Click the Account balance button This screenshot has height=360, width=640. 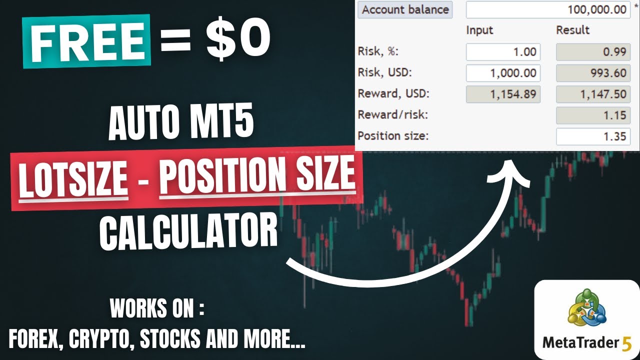(x=405, y=9)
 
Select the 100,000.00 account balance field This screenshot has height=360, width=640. (x=548, y=9)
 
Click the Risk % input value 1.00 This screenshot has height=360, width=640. (x=503, y=51)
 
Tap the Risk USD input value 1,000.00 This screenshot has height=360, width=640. (x=503, y=73)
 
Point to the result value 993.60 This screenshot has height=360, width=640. (x=593, y=73)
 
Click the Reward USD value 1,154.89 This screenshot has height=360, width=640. (x=503, y=94)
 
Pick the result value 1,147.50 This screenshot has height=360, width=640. (x=593, y=94)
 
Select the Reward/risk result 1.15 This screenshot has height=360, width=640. (x=593, y=115)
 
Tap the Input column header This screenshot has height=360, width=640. (x=479, y=30)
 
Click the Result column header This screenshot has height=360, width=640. (x=572, y=30)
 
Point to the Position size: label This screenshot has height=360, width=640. (x=393, y=136)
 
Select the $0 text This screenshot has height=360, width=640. (x=237, y=40)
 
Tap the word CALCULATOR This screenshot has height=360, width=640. (x=188, y=230)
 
